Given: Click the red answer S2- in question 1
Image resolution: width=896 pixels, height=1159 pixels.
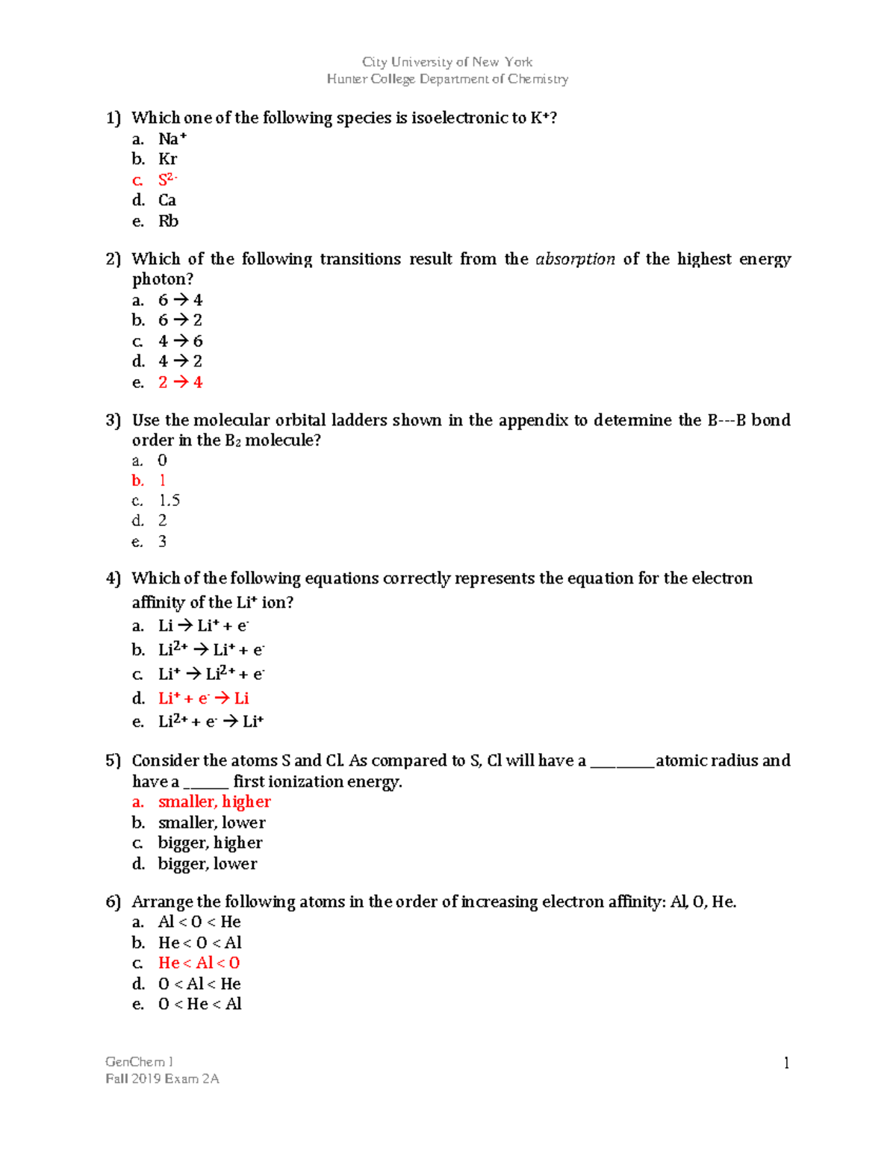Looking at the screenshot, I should [167, 180].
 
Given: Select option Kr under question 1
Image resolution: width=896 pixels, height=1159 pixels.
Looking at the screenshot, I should [167, 159].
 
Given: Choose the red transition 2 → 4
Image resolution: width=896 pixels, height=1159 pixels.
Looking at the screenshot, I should [180, 382].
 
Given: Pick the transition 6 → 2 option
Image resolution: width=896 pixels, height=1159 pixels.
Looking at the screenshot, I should [180, 320].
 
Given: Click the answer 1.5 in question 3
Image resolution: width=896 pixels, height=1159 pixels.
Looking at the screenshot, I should [169, 500].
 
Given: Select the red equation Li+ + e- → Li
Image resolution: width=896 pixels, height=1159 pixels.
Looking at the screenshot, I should [203, 698].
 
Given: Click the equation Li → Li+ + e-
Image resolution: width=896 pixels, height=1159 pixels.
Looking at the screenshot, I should [203, 625].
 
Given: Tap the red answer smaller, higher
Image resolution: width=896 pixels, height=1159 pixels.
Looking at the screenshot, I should [214, 802].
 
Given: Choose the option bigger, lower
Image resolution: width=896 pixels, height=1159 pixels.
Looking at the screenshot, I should [208, 863].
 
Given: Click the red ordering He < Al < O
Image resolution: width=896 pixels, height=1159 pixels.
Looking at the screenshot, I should [199, 963].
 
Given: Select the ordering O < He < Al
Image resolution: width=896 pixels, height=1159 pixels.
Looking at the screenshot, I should [199, 1004].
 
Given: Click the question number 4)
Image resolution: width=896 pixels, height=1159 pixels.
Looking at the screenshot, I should [113, 578].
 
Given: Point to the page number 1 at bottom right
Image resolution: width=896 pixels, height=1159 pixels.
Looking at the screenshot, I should [786, 1063].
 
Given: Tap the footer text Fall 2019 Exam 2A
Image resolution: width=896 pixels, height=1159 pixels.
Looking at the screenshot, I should [162, 1078].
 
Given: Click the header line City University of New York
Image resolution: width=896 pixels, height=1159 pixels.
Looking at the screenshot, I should [447, 62].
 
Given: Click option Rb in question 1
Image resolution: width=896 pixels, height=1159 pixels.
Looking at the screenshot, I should [168, 221].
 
